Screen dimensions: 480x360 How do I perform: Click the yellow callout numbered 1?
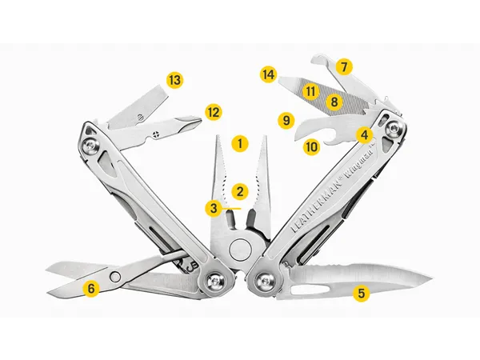(240, 143)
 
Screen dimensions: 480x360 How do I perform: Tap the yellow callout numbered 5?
(362, 294)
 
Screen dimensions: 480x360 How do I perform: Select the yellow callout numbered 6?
(91, 288)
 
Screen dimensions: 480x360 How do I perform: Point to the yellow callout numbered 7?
(344, 66)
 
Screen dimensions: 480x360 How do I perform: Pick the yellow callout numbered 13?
(174, 81)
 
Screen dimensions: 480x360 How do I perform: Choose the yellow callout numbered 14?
(269, 74)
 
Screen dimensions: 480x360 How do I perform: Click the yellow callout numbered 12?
(214, 112)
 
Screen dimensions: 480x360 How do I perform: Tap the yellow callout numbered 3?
(214, 208)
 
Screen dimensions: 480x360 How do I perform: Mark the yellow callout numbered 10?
(311, 147)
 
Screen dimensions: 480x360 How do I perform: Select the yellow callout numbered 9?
(286, 120)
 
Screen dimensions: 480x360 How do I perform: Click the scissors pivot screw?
(115, 277)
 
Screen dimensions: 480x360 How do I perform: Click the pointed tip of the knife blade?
(432, 278)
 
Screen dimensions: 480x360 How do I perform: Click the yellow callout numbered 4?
(364, 134)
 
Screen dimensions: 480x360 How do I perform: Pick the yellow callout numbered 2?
(240, 192)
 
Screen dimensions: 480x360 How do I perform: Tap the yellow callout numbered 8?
(334, 102)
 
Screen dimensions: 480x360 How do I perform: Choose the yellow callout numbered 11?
(310, 91)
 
